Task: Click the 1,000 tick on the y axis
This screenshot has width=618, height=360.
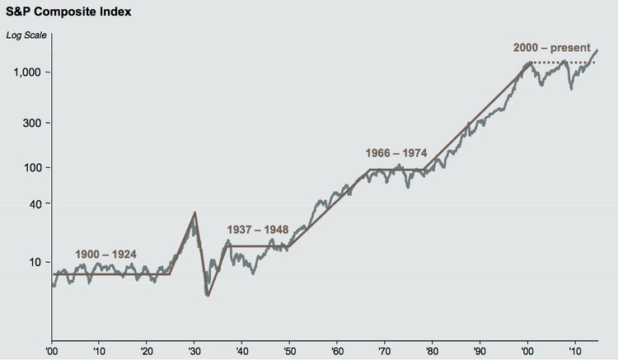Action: click(30, 72)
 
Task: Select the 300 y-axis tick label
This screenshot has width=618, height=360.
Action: click(35, 123)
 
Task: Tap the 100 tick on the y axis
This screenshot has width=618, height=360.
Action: click(35, 167)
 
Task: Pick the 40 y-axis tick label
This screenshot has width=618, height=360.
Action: click(37, 204)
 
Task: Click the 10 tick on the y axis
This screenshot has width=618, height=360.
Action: click(37, 262)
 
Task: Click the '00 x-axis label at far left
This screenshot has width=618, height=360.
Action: click(51, 349)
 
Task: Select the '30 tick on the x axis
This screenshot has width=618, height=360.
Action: click(194, 349)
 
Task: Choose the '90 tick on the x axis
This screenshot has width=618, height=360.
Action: click(480, 349)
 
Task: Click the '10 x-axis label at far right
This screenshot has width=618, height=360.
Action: click(574, 349)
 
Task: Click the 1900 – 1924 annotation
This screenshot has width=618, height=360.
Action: click(105, 254)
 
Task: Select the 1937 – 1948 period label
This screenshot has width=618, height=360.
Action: click(258, 231)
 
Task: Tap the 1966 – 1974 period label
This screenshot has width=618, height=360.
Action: click(395, 153)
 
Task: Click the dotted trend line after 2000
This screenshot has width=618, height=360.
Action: click(569, 63)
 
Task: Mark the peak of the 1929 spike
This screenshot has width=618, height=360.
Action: click(194, 213)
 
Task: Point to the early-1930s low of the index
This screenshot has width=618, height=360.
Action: click(207, 294)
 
